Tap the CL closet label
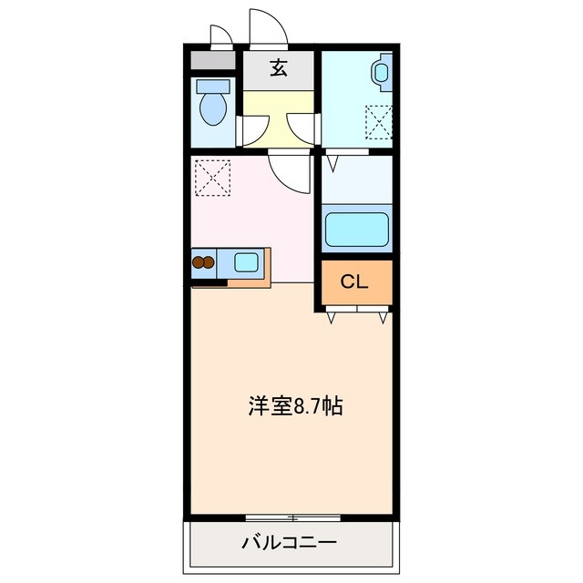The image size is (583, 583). [354, 282]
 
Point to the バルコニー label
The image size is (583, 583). [289, 544]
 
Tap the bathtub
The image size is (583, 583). [356, 231]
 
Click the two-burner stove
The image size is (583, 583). [203, 264]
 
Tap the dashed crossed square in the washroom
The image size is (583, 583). [379, 121]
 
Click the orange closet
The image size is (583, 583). [355, 284]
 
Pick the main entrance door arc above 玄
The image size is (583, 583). [270, 27]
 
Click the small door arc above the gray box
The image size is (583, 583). [221, 36]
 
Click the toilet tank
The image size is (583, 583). [214, 87]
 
